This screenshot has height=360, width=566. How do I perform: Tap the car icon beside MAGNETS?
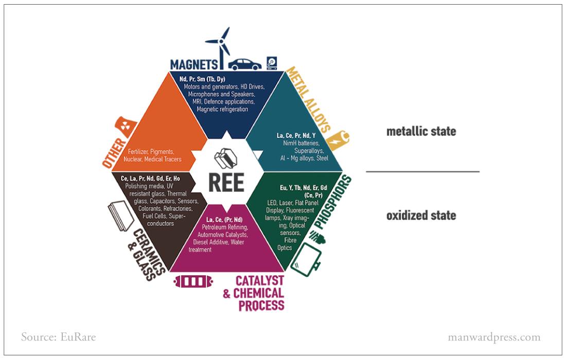(245, 65)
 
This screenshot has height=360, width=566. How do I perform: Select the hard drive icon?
(272, 63)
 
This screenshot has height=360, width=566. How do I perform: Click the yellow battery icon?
(338, 140)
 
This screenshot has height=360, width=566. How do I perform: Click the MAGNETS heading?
(194, 65)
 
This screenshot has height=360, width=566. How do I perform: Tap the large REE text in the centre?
(226, 183)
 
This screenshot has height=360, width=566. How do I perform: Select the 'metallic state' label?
(421, 131)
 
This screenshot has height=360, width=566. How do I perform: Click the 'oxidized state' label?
(421, 215)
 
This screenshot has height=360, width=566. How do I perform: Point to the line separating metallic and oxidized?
(422, 172)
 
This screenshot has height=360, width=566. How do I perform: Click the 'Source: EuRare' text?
(59, 337)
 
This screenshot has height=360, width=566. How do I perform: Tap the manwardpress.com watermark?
(494, 337)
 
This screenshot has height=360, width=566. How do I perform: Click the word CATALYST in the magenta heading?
(259, 281)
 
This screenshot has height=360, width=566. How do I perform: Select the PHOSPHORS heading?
(332, 202)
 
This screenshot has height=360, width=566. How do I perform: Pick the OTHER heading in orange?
(114, 153)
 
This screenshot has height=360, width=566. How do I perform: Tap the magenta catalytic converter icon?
(193, 281)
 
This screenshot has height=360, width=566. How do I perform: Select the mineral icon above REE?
(225, 159)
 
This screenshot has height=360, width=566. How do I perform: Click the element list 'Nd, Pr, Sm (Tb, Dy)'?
(202, 79)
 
